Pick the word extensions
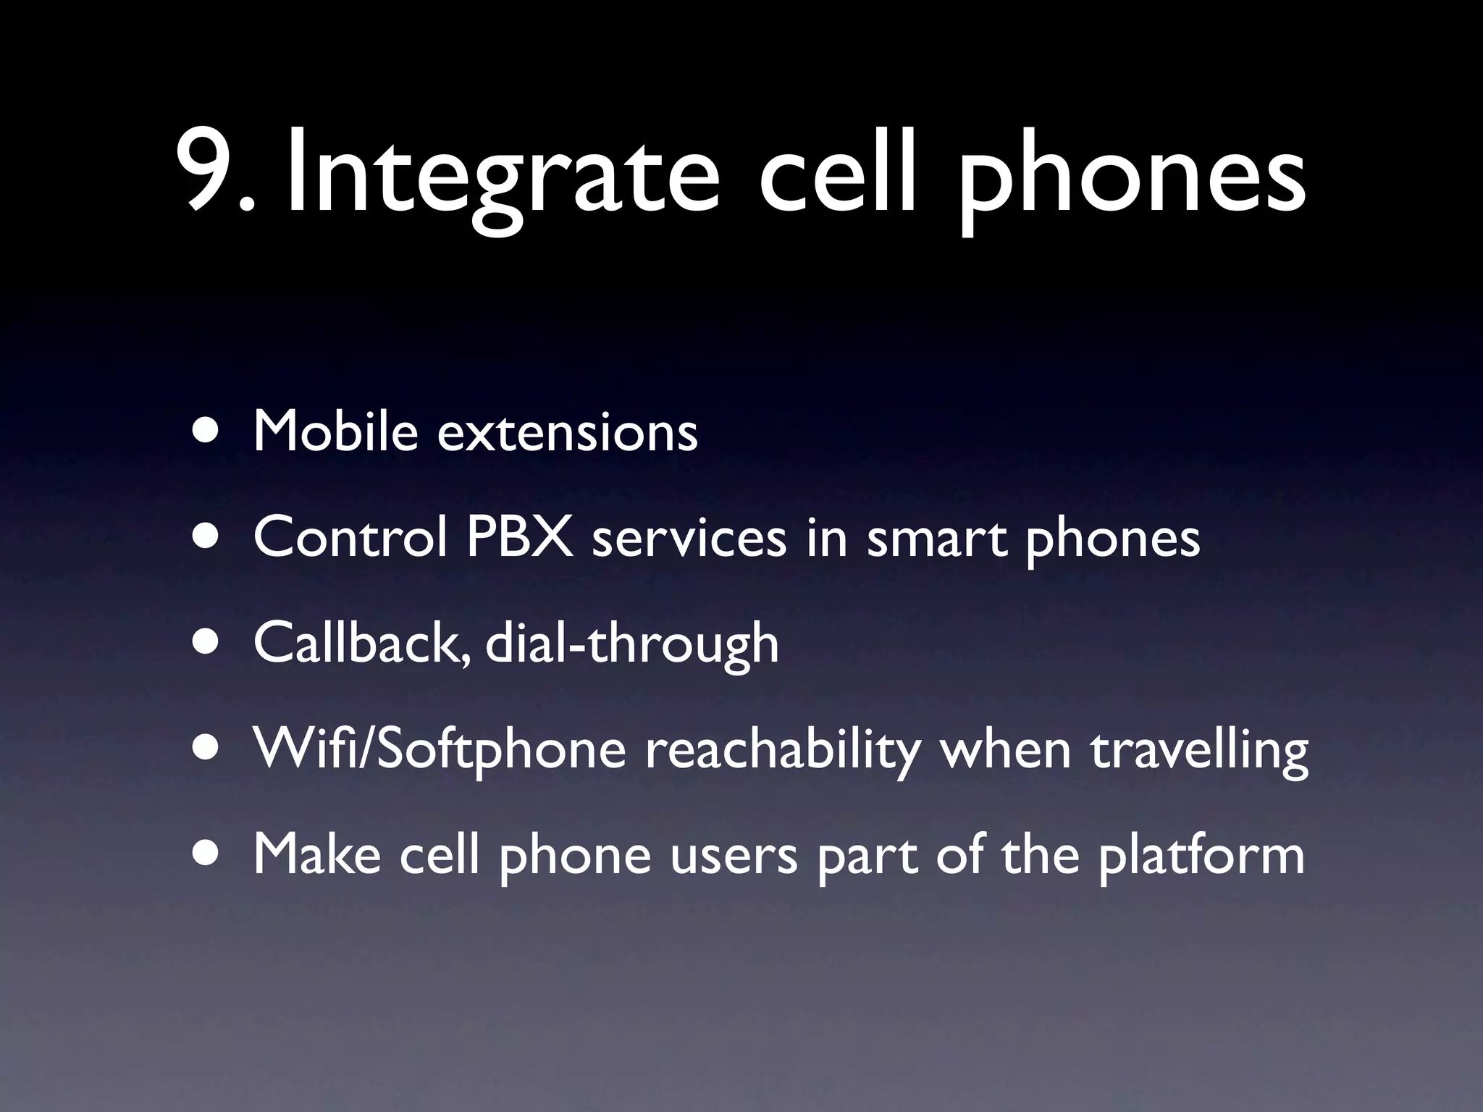pos(568,432)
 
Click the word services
pos(689,539)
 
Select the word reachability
pos(781,750)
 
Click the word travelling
pos(1198,750)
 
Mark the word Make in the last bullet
pos(317,854)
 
